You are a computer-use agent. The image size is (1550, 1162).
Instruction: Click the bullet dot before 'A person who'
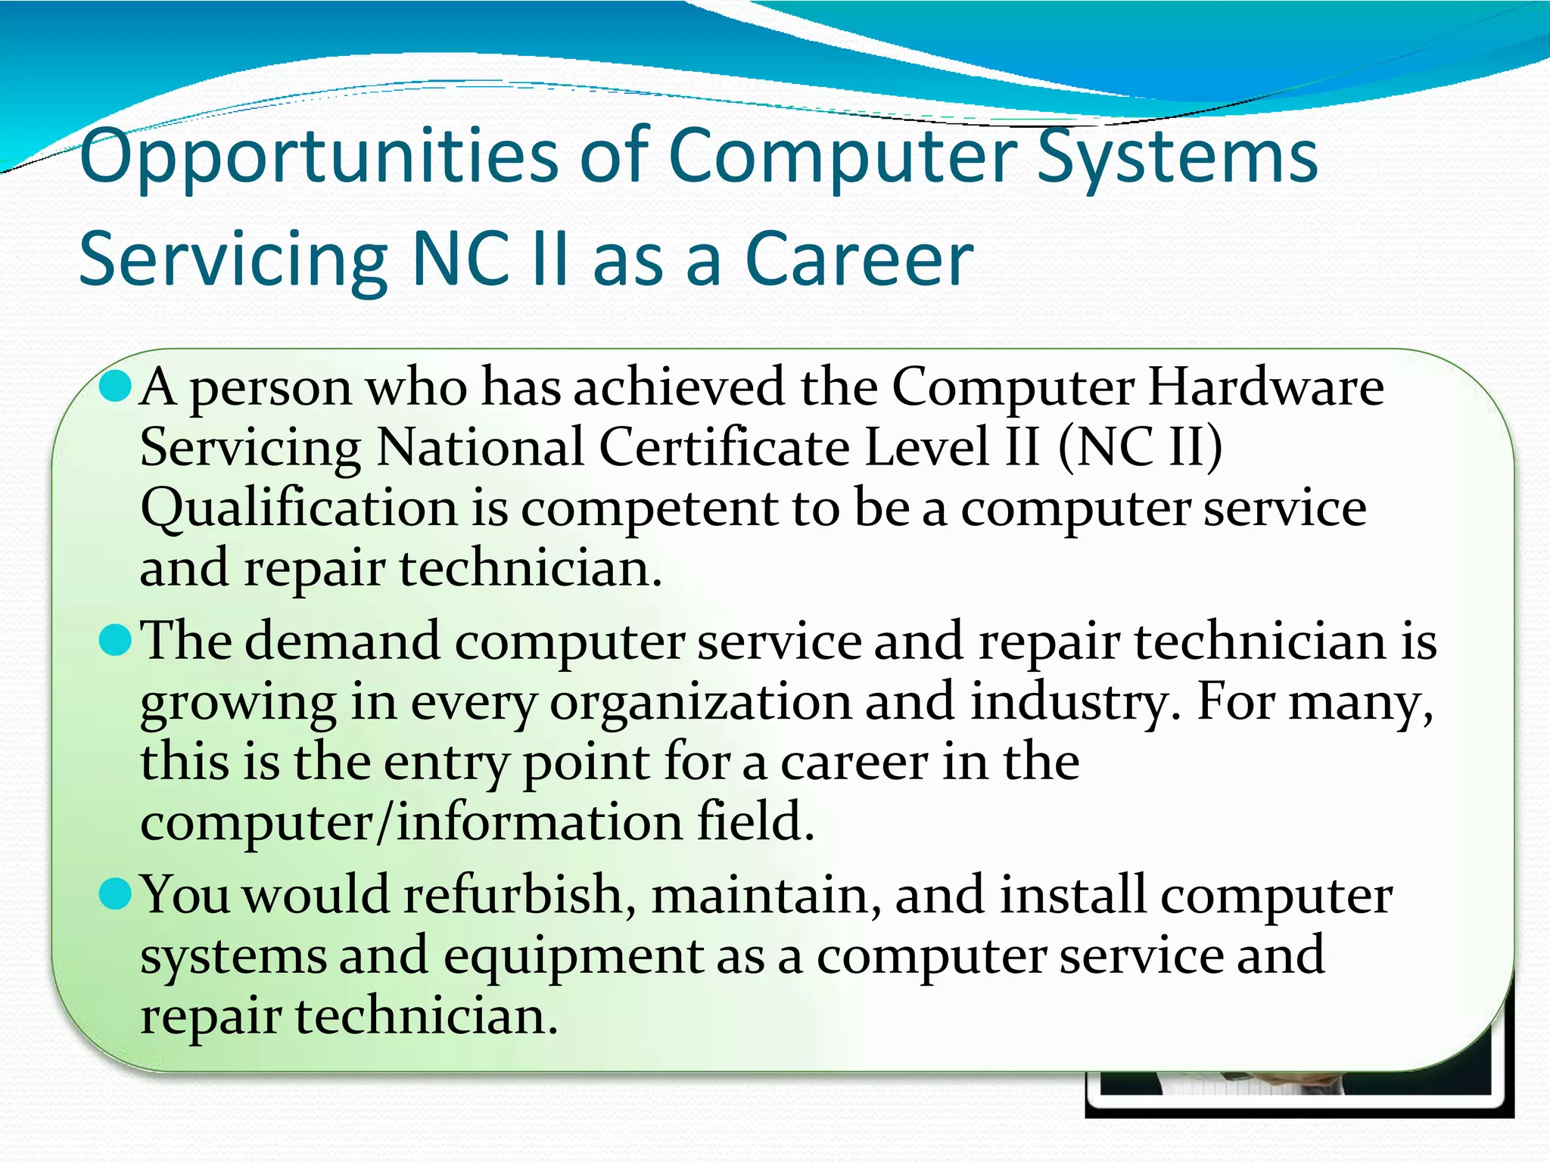[x=116, y=387]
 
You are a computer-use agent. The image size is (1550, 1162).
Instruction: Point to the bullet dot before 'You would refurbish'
[x=116, y=895]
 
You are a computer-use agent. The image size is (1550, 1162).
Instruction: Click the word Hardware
[x=1265, y=387]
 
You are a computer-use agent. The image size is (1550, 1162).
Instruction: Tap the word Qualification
[x=299, y=508]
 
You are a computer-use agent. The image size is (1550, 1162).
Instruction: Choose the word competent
[x=649, y=508]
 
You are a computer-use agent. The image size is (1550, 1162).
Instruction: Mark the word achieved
[x=679, y=387]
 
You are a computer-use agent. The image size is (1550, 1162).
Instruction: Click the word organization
[x=700, y=701]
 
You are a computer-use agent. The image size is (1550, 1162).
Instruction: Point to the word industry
[x=1074, y=701]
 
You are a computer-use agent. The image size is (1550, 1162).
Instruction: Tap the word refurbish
[x=512, y=895]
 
